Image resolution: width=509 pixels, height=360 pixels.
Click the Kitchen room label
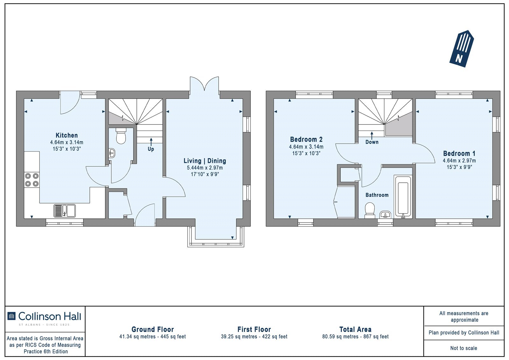[66, 135]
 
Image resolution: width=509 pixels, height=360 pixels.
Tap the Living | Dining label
[205, 161]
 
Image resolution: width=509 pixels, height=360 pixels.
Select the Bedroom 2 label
[306, 139]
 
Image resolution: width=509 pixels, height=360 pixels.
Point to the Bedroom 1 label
[459, 153]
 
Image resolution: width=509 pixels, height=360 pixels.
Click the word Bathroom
[377, 195]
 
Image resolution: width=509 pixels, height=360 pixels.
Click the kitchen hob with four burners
[32, 180]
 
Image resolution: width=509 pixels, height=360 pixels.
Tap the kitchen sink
[65, 211]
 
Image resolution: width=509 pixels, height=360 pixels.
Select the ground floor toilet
[121, 136]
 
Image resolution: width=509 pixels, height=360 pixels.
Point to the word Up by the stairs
[151, 149]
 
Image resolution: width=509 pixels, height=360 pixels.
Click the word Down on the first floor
[372, 142]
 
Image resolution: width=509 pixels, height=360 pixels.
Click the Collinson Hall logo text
[50, 316]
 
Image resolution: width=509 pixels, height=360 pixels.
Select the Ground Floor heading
[153, 329]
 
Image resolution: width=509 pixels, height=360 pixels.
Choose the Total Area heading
[355, 329]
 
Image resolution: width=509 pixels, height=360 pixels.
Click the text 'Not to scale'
[464, 348]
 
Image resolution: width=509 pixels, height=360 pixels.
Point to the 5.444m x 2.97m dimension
[205, 168]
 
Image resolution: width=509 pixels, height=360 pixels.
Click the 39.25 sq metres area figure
[239, 336]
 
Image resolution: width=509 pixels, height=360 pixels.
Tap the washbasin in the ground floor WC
[112, 153]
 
